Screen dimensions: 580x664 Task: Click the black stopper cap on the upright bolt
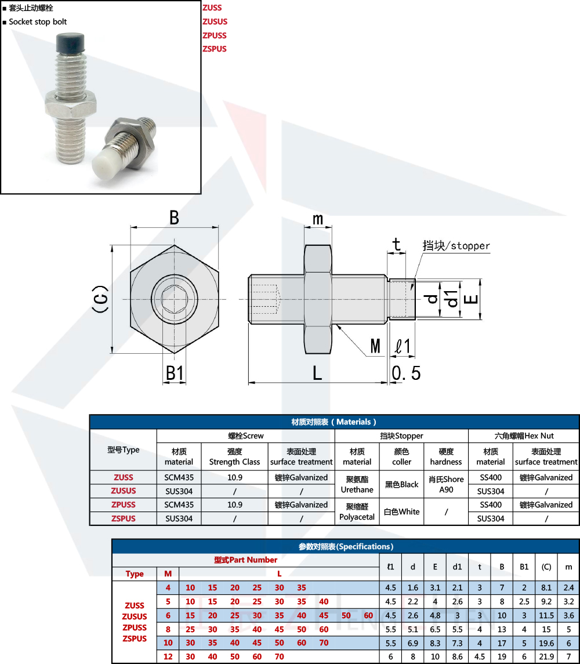[70, 43]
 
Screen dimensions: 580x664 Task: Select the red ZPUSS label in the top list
[215, 35]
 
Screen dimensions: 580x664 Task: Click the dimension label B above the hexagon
[174, 217]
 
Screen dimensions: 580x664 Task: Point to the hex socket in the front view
[175, 299]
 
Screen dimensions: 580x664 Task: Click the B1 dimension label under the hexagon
[175, 373]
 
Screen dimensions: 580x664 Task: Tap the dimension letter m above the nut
[318, 219]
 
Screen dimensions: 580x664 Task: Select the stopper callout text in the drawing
[456, 246]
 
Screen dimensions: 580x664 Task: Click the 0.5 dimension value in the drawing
[406, 373]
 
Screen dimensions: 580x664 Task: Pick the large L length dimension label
[317, 373]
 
